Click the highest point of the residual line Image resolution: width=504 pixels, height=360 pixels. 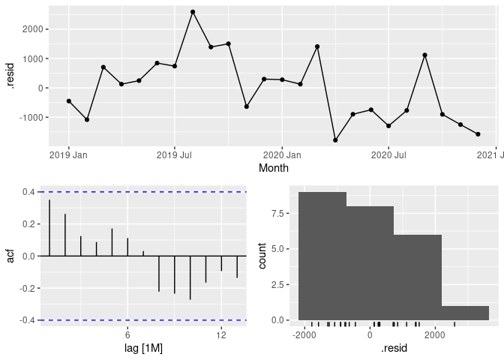193,12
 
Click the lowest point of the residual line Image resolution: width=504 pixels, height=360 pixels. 335,140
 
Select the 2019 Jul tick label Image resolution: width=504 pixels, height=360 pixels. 175,156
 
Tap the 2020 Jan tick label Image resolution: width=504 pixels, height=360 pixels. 282,156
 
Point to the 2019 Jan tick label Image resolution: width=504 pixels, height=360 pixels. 68,156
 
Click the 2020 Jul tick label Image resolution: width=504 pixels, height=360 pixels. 388,156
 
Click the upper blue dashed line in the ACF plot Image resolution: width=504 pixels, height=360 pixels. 142,192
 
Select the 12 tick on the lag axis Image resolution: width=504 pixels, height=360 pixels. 221,334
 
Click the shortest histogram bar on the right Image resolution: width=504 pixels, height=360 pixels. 465,313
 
